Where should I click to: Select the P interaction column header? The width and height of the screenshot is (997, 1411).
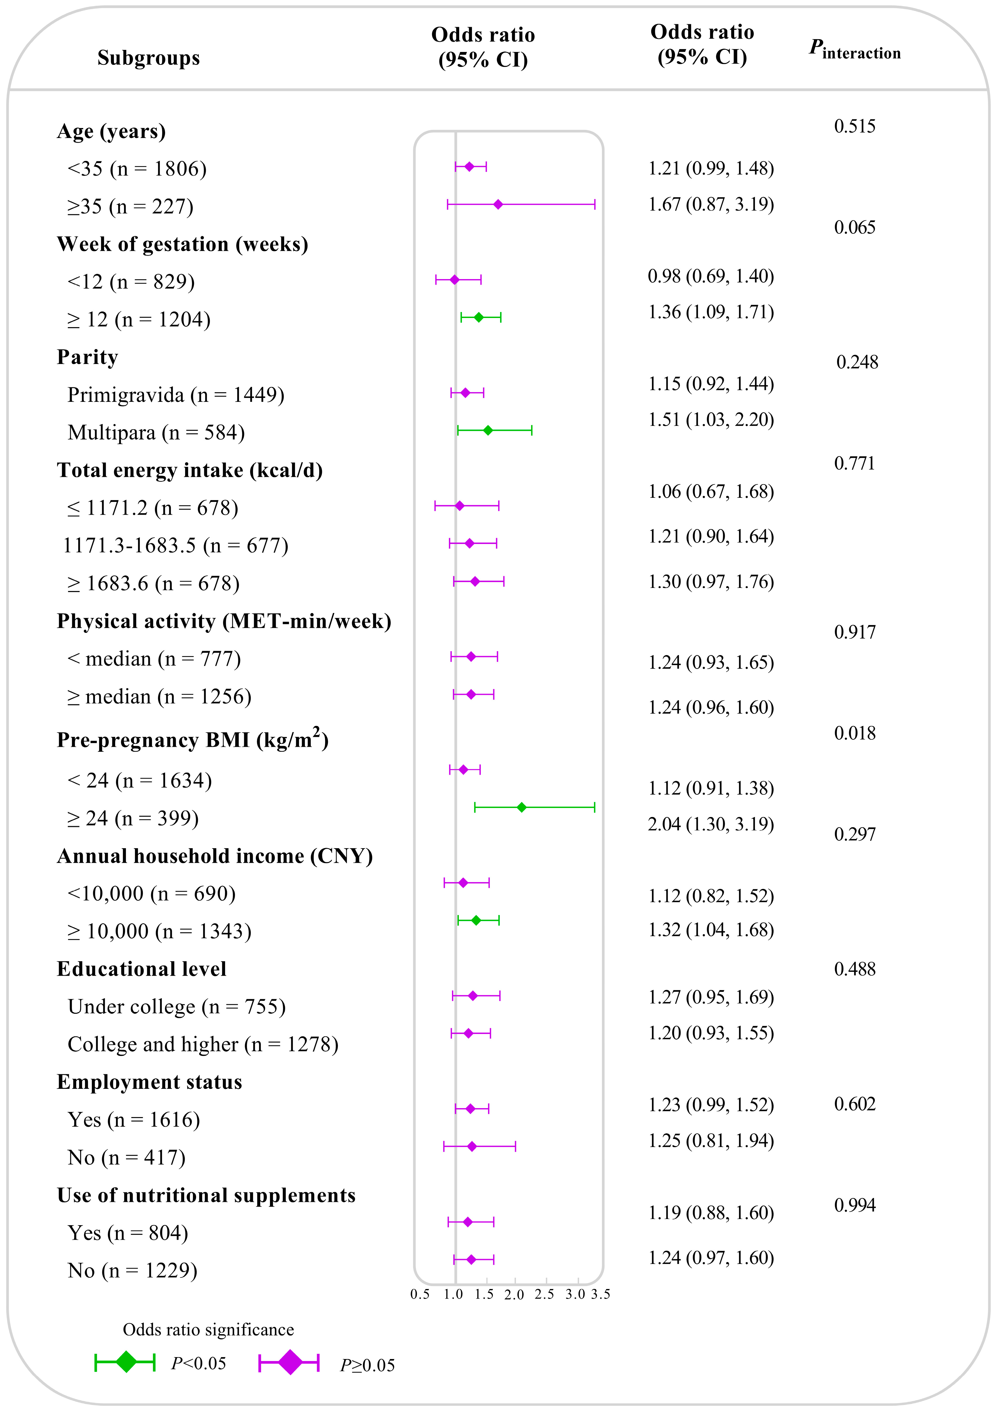(x=854, y=49)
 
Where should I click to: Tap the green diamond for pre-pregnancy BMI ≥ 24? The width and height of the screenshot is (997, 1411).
(x=521, y=807)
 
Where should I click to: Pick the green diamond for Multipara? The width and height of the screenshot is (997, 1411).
(x=488, y=430)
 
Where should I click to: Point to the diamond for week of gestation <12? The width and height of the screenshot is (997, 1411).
(x=455, y=280)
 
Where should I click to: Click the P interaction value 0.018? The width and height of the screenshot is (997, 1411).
(x=854, y=733)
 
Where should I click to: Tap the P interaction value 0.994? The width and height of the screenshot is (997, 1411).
(x=854, y=1205)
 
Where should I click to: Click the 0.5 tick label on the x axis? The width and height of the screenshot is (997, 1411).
(x=420, y=1294)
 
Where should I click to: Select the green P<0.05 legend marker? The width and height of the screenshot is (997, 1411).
(x=125, y=1362)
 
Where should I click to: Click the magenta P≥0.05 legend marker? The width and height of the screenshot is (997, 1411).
(x=289, y=1362)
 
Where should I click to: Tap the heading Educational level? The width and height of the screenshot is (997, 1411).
(x=141, y=969)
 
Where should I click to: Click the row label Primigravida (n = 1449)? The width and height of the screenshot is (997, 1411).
(x=176, y=395)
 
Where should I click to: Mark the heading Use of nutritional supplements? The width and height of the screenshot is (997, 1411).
(x=206, y=1195)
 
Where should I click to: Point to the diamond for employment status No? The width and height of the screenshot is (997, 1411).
(x=472, y=1146)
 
